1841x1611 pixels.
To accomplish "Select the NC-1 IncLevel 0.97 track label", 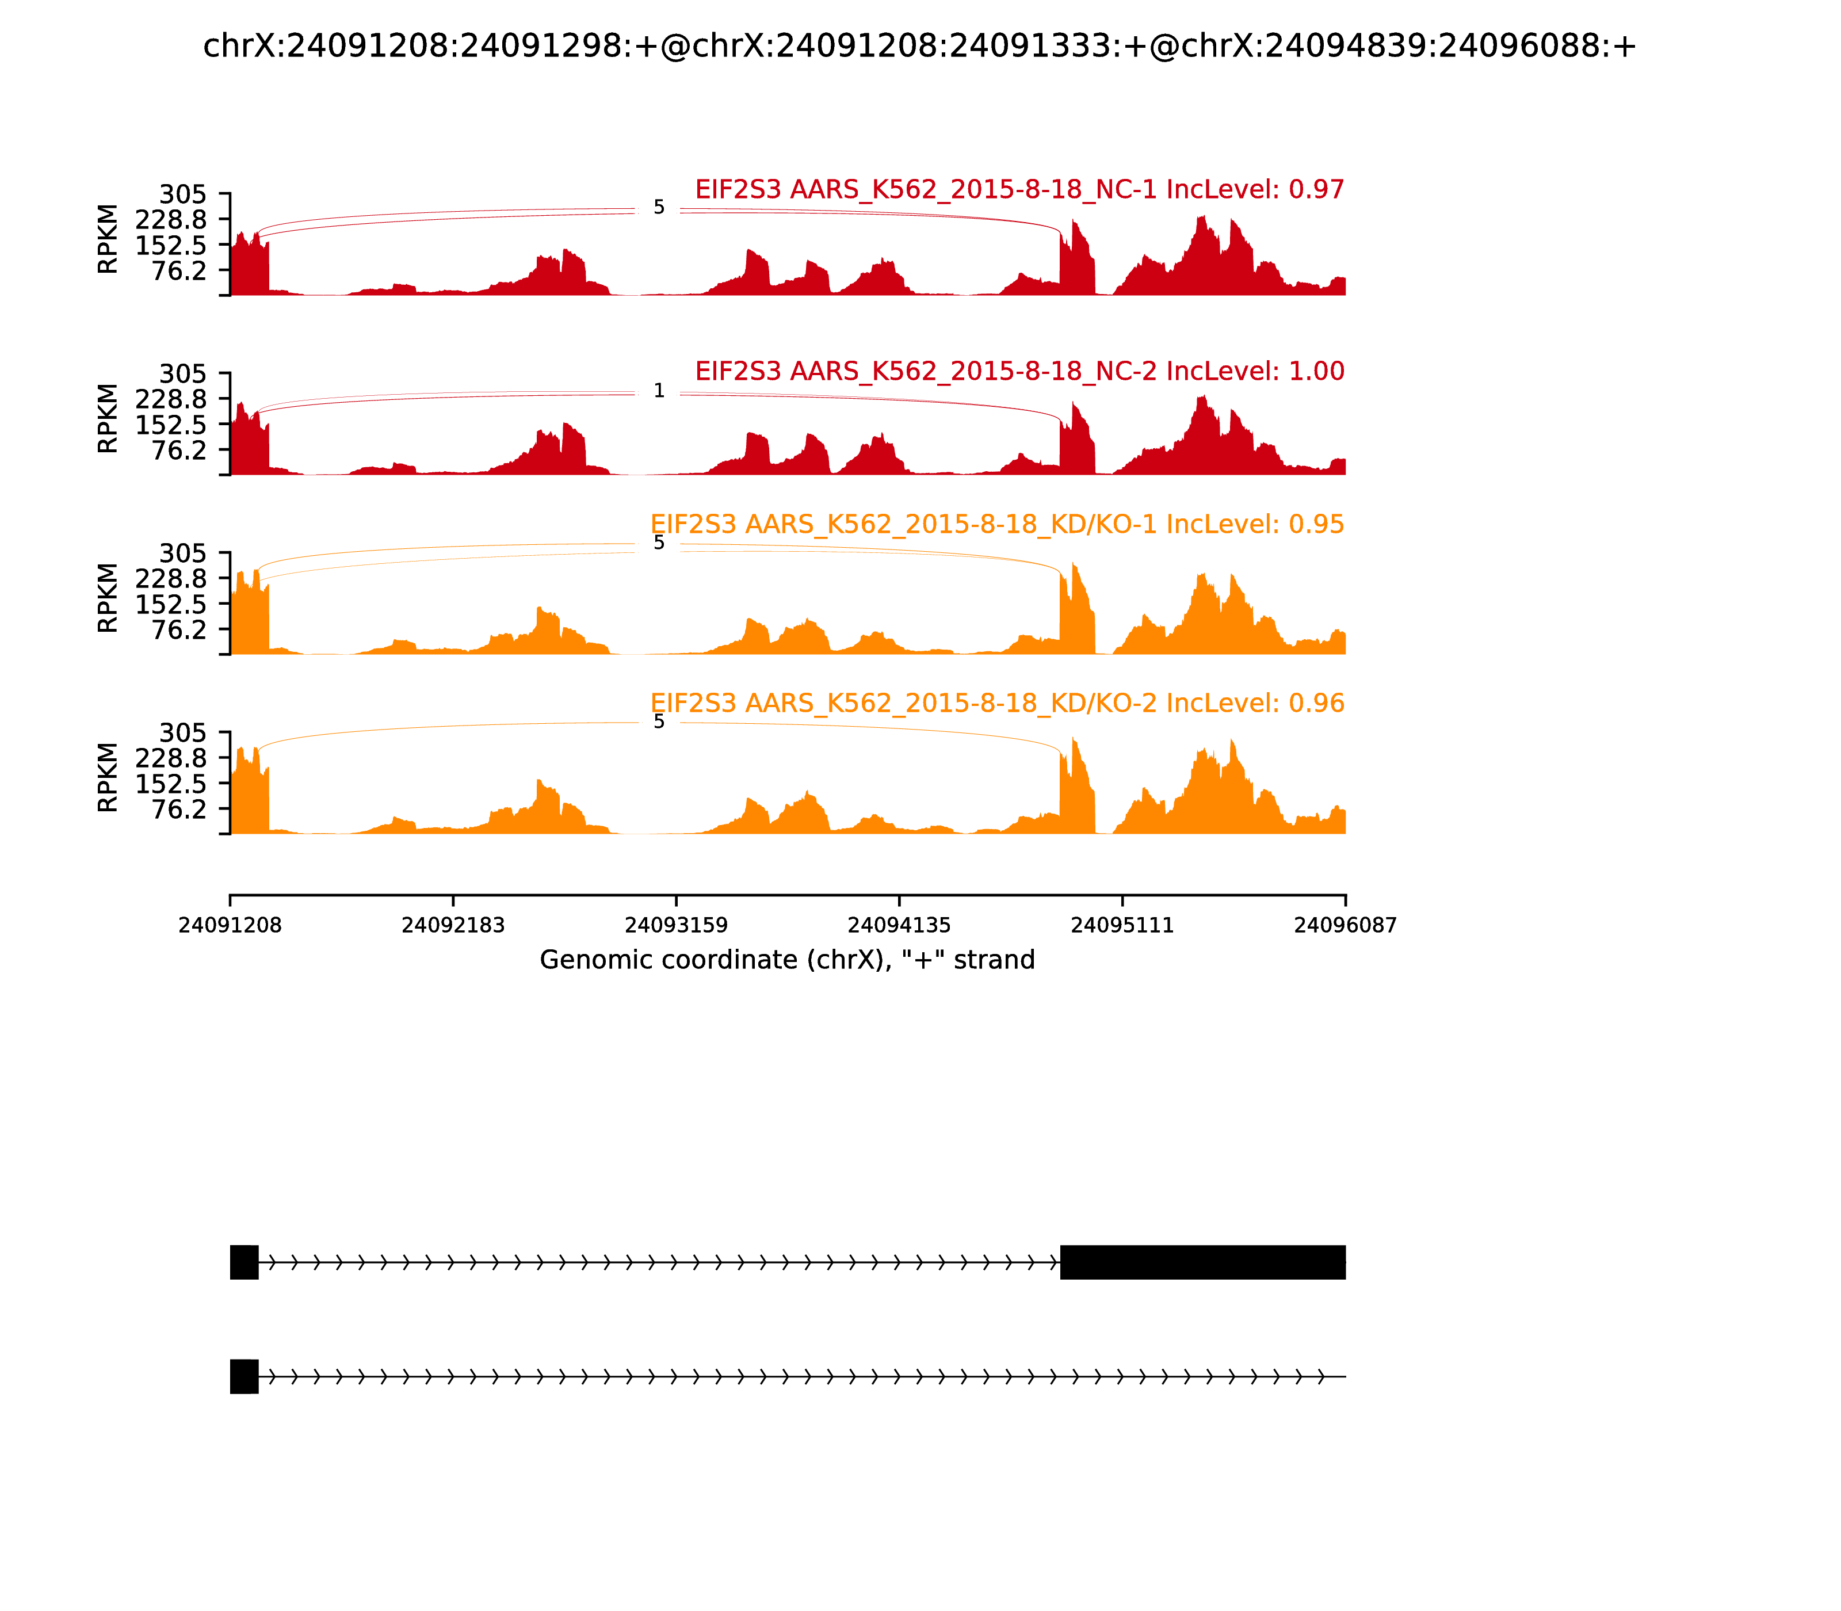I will click(1019, 190).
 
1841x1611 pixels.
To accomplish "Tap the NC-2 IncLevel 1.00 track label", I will click(1019, 371).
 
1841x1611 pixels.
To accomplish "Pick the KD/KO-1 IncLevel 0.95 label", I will click(997, 524).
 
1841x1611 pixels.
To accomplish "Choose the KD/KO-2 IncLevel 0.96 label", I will click(997, 703).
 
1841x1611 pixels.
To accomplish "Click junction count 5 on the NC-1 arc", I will click(659, 208).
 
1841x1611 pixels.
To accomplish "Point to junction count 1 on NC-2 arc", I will click(659, 391).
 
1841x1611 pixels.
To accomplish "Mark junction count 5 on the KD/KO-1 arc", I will click(659, 543).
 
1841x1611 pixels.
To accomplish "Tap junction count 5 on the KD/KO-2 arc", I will click(659, 722).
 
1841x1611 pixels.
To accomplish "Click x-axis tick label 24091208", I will click(230, 926).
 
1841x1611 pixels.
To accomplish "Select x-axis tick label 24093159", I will click(676, 926).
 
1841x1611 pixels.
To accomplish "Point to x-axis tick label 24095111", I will click(1122, 926).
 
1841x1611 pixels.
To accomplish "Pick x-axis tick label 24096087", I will click(1345, 926).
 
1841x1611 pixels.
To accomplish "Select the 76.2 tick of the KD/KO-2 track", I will click(179, 809).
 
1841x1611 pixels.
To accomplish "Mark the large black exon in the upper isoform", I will click(1203, 1262).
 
